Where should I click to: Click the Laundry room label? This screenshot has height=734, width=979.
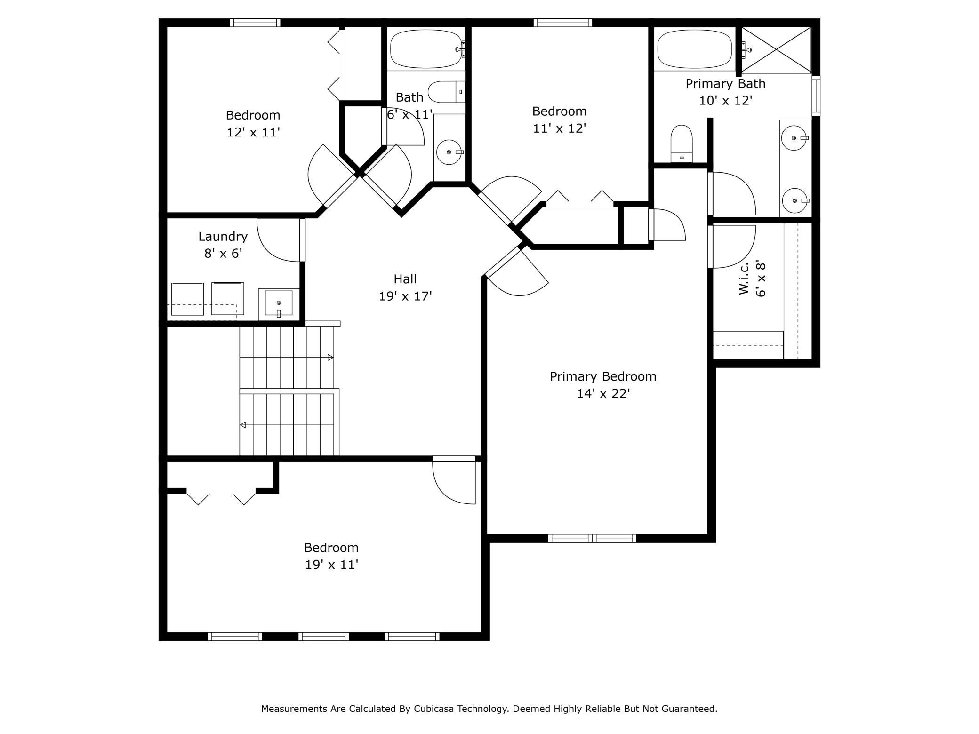click(x=223, y=237)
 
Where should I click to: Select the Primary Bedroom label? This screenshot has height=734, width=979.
click(x=603, y=377)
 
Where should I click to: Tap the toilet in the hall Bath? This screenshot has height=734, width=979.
click(x=446, y=92)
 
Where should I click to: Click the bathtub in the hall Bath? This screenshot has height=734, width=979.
click(x=426, y=49)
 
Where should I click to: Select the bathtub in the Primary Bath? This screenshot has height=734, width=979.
click(x=694, y=49)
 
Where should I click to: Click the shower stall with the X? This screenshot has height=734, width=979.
click(x=777, y=49)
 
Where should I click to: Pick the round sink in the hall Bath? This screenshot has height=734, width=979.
click(x=449, y=152)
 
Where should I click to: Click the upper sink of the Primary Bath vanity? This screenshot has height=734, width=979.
click(x=794, y=138)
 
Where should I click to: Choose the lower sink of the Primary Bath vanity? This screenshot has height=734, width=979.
click(x=795, y=200)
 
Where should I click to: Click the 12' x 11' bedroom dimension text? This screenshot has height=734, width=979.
click(x=253, y=132)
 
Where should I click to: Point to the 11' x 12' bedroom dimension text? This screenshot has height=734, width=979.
click(x=559, y=128)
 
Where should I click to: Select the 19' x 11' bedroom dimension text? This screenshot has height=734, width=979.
click(x=332, y=565)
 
